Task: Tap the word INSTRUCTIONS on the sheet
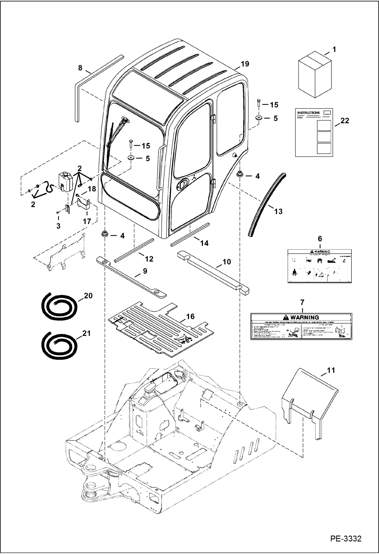tap(308, 113)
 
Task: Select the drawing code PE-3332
tap(346, 539)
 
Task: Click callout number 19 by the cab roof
tap(245, 64)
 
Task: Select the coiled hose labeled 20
tap(59, 306)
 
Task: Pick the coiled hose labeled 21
tap(59, 346)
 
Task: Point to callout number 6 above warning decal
tap(320, 238)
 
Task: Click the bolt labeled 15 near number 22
tap(259, 103)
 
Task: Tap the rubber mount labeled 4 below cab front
tap(104, 234)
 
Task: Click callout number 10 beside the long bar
tap(226, 262)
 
